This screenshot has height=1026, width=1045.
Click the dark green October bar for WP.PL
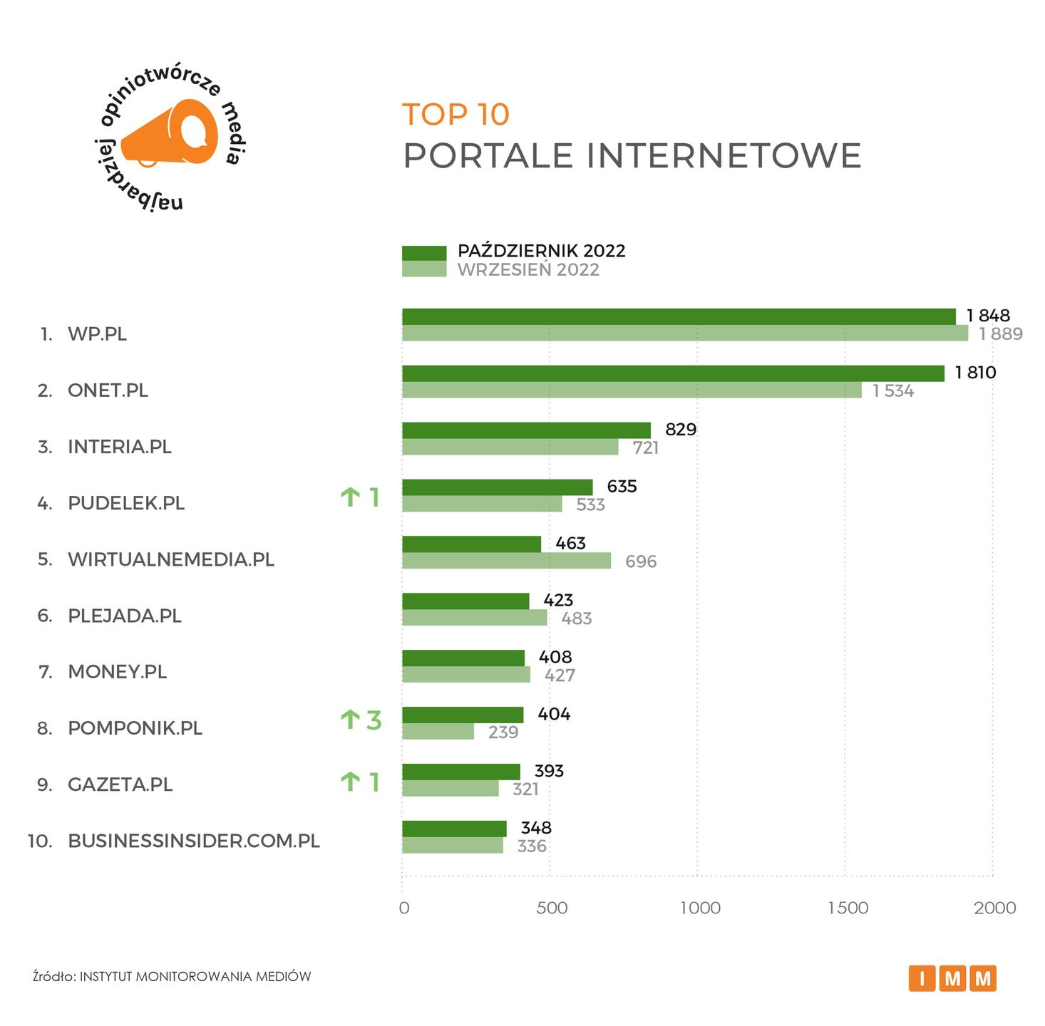point(679,316)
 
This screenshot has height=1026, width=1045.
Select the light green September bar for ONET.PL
point(632,390)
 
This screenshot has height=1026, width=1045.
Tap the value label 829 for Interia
point(681,429)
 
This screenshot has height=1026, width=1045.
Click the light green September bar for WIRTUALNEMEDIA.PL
point(506,561)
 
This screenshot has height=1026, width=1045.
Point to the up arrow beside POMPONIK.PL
point(350,720)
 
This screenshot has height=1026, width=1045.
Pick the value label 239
point(503,732)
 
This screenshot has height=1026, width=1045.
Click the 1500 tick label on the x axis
point(848,908)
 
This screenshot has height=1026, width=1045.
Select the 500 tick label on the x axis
point(552,908)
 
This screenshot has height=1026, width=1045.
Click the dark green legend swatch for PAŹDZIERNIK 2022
point(424,253)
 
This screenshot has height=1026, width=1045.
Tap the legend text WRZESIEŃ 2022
point(528,270)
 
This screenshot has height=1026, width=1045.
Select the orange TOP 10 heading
point(456,115)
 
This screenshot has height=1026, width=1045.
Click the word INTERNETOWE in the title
point(724,156)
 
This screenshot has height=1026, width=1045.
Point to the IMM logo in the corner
point(952,978)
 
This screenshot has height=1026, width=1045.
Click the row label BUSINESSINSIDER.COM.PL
point(194,841)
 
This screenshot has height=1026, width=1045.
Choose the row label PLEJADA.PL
point(125,616)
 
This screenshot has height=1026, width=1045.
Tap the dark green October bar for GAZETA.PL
point(461,772)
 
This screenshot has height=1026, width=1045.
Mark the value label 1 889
point(1001,334)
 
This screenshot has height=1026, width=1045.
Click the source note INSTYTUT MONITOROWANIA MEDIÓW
point(195,976)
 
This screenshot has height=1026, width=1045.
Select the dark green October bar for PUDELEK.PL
point(498,487)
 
